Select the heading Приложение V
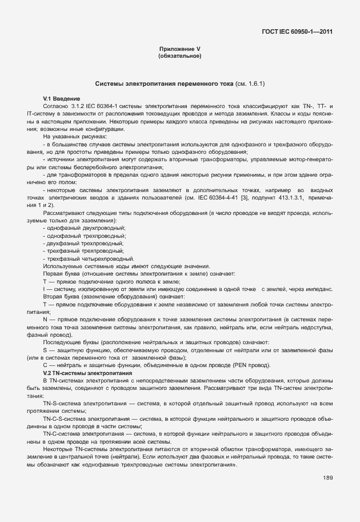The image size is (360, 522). pos(179,49)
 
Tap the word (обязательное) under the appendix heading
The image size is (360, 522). pos(179,56)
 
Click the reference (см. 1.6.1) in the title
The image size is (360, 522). pos(250,84)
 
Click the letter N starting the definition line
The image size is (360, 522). pos(45,319)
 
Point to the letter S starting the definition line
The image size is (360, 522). pos(45,350)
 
